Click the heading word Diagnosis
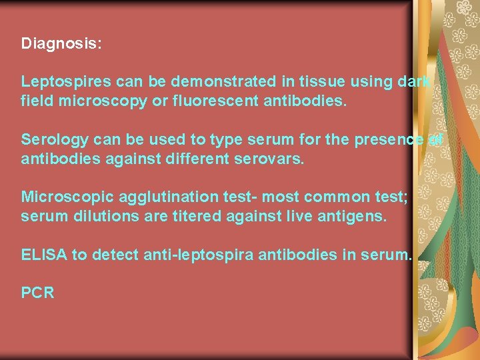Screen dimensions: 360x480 coord(61,44)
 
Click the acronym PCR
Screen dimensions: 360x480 coord(37,293)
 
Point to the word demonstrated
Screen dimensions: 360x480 coord(218,82)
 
